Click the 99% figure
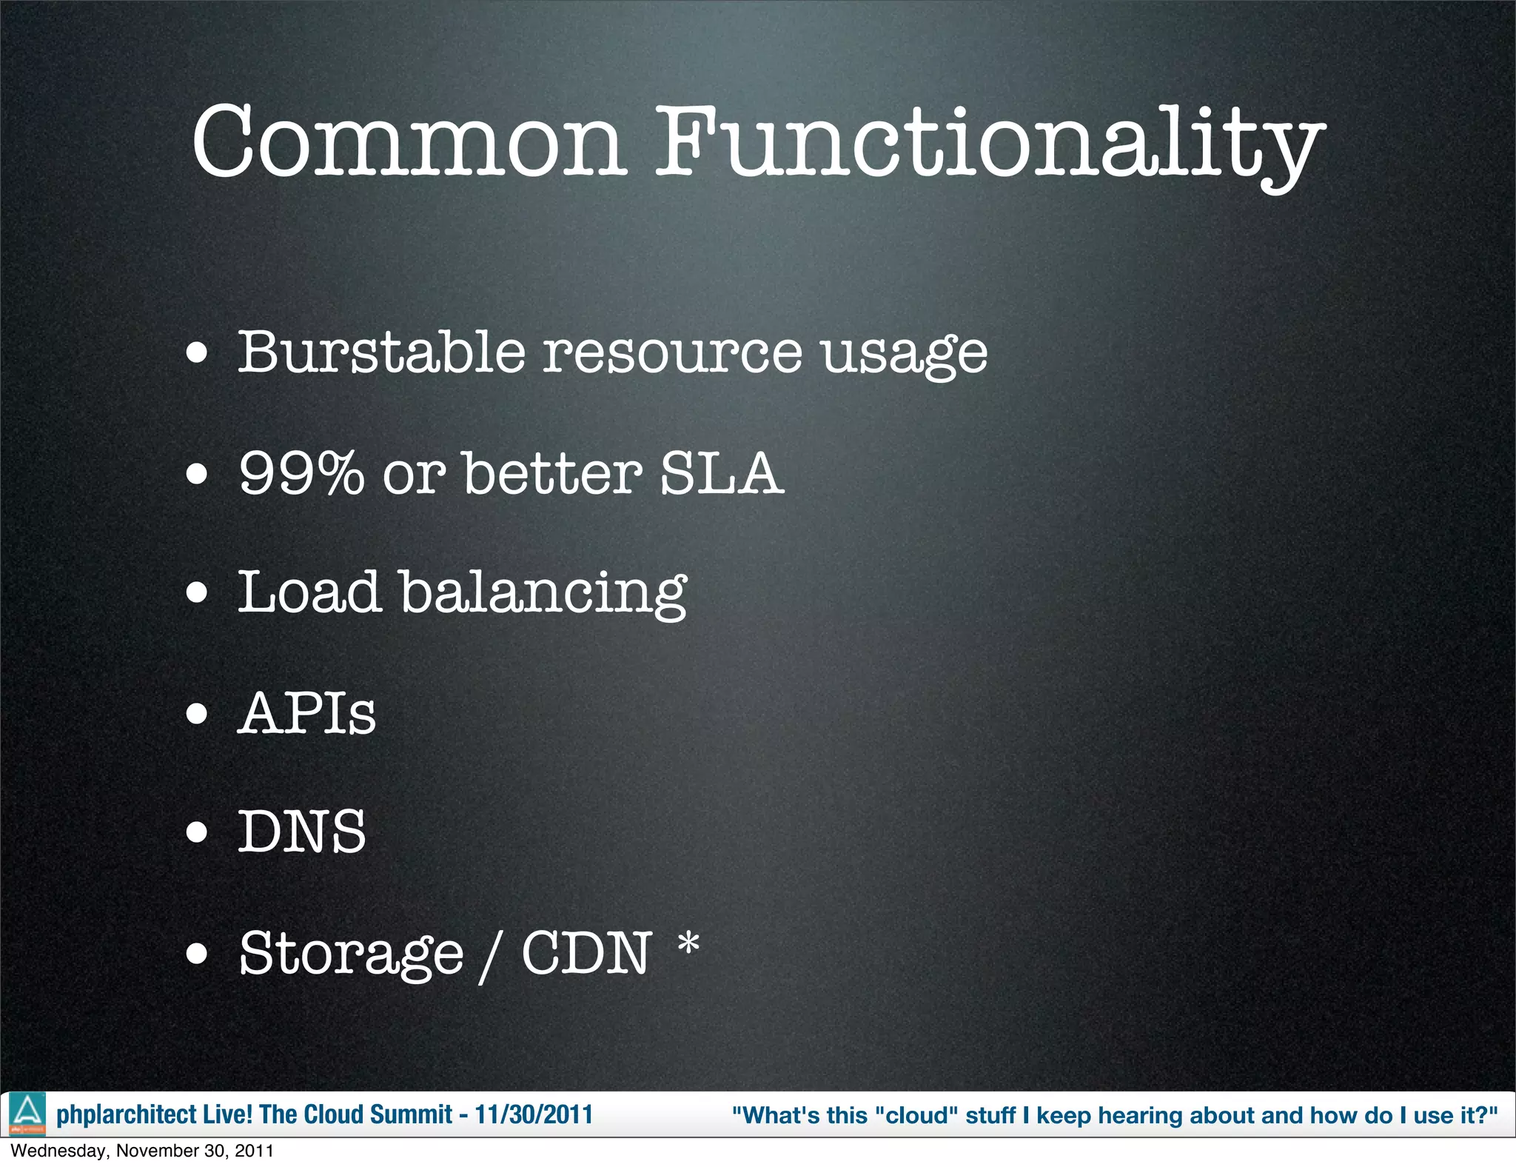(301, 473)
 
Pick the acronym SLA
(720, 473)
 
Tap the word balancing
(543, 595)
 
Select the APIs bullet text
(306, 713)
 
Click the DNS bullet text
(302, 832)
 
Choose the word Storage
(351, 954)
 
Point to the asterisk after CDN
(688, 943)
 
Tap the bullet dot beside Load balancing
(197, 593)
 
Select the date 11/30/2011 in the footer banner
(534, 1114)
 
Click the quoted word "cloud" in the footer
(916, 1115)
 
